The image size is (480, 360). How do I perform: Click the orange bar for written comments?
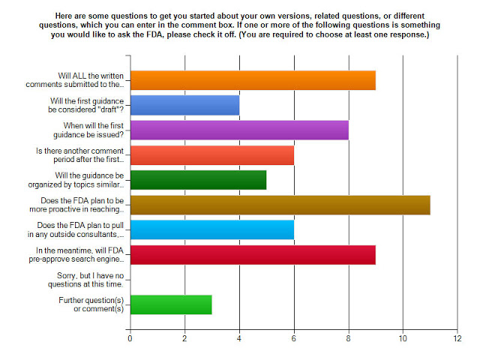click(253, 80)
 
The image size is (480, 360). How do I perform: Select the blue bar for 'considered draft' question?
click(184, 105)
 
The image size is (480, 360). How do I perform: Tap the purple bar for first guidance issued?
click(239, 130)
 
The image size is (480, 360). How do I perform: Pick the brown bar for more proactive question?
click(280, 204)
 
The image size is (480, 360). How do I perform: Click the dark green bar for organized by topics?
click(198, 179)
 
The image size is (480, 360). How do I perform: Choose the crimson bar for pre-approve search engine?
click(253, 253)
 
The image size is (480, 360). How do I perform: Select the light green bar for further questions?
click(171, 303)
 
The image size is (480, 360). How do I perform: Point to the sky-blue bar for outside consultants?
click(211, 229)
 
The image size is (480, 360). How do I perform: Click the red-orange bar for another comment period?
click(211, 154)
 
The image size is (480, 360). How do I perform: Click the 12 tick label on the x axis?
click(457, 339)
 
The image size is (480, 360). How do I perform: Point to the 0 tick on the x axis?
click(130, 339)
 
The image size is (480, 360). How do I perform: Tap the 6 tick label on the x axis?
click(294, 339)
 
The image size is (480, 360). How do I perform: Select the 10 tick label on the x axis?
click(403, 339)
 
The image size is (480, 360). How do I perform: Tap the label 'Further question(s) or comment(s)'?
click(91, 303)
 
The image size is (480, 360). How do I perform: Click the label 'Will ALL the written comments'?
click(90, 80)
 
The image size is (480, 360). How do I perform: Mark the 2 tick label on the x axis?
click(184, 339)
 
